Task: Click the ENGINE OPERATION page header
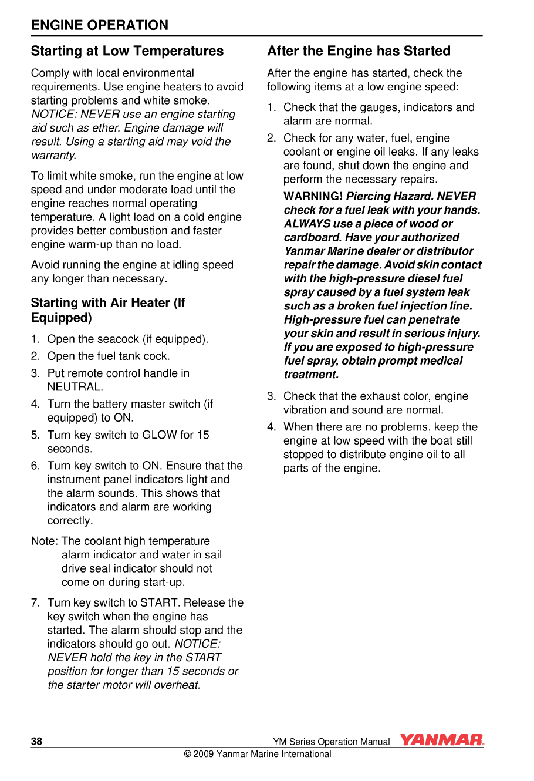point(100,25)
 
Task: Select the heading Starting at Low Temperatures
point(127,51)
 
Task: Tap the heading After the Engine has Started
point(359,51)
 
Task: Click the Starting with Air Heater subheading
point(107,310)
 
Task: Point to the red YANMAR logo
point(442,740)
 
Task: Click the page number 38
point(36,741)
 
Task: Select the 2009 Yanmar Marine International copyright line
point(258,754)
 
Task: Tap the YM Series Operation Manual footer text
point(331,742)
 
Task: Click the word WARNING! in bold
point(313,197)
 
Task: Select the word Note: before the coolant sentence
point(44,541)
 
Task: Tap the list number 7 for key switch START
point(35,603)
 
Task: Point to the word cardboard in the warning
point(313,238)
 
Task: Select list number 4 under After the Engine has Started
point(271,427)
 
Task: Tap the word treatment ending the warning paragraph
point(311,375)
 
